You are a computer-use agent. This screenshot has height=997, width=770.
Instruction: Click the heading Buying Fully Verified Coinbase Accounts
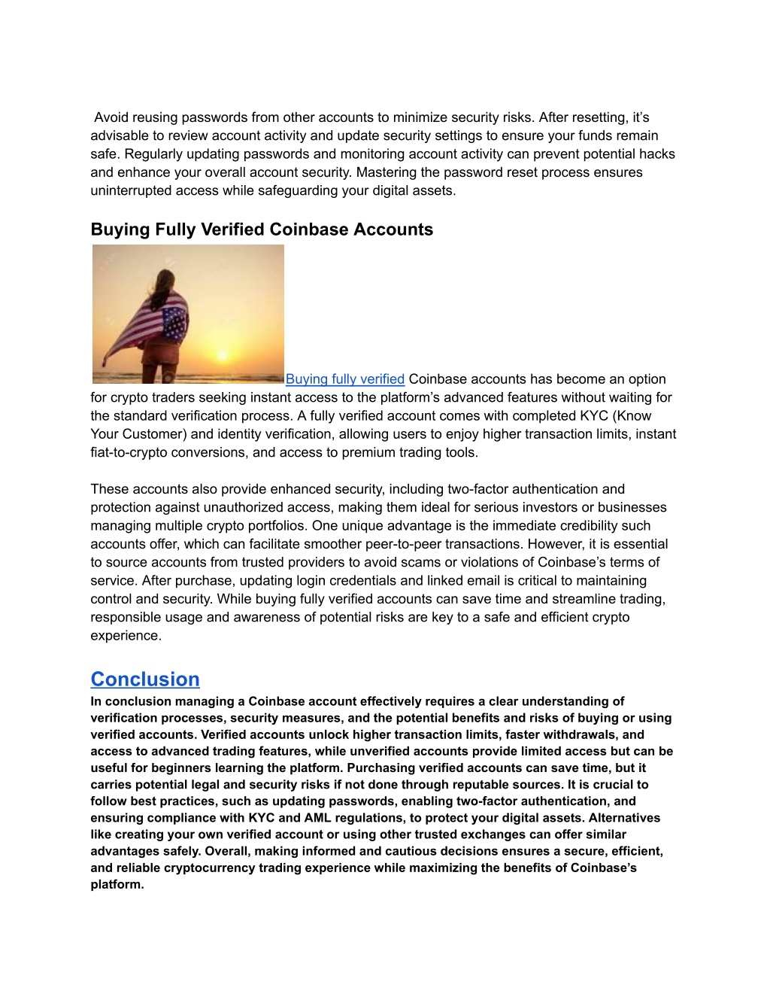[262, 229]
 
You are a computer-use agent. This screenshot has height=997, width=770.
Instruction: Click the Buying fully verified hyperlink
[345, 379]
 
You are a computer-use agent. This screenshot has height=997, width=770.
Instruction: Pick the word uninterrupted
[132, 190]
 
